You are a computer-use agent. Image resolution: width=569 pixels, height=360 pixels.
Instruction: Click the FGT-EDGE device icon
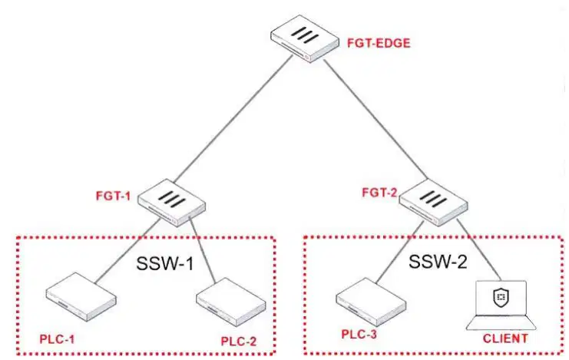tap(304, 38)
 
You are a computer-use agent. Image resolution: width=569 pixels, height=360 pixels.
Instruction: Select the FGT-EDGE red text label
tap(379, 43)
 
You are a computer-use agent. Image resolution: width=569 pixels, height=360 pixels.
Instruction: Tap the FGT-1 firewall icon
tap(172, 203)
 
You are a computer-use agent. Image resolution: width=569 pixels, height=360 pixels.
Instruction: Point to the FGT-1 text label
tap(113, 196)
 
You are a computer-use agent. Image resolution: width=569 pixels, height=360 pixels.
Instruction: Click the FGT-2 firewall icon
tap(433, 202)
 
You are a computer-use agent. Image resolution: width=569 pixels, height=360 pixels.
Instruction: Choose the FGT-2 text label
tap(379, 193)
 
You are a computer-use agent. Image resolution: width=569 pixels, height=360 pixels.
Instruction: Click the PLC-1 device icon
tap(81, 297)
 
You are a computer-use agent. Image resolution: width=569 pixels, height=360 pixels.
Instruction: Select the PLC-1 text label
tap(57, 339)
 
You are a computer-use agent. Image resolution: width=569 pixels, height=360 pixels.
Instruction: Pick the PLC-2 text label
tap(238, 341)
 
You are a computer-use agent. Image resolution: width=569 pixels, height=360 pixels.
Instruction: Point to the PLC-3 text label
tap(359, 334)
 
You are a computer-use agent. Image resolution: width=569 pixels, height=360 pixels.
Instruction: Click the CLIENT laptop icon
tap(501, 305)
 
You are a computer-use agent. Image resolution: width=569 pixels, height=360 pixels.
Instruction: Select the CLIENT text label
tap(505, 339)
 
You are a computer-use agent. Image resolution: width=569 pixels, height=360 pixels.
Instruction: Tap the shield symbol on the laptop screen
tap(501, 298)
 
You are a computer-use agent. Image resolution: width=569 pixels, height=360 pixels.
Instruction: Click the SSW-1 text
tap(165, 263)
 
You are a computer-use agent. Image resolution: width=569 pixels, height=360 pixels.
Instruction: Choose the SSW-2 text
tap(438, 261)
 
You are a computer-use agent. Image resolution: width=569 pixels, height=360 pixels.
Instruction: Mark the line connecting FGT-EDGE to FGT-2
tap(375, 119)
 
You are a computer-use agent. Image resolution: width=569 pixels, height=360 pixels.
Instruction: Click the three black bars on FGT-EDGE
tap(305, 35)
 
